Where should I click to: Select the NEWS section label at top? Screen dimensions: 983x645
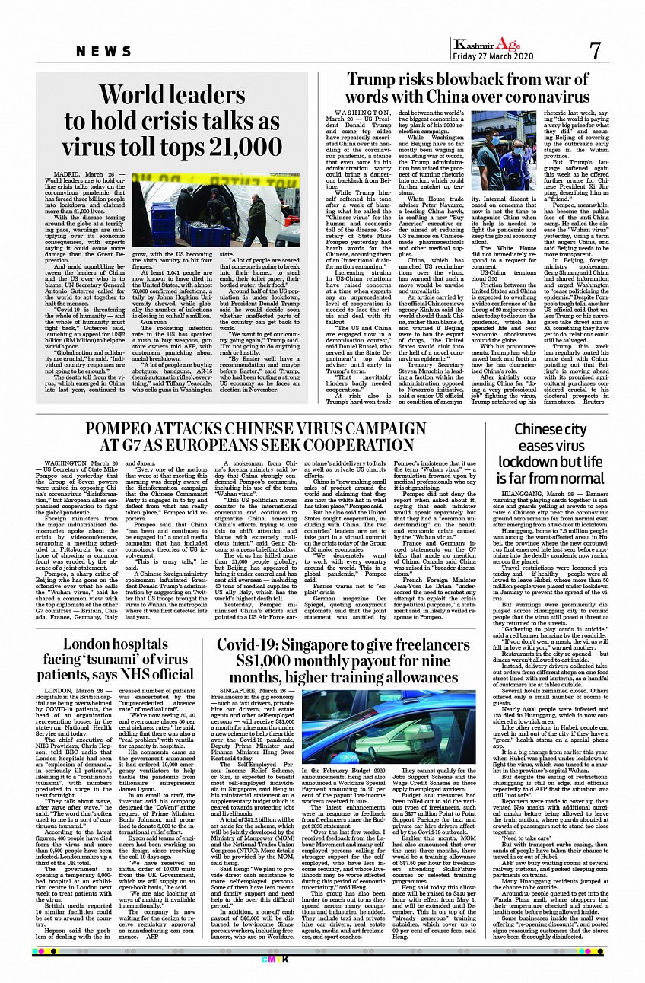(105, 52)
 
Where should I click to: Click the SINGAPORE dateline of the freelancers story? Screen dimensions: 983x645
(240, 690)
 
